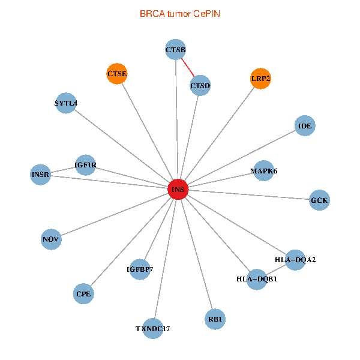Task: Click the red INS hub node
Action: (x=178, y=190)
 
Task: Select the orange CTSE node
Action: (x=117, y=74)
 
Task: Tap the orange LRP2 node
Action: (x=260, y=79)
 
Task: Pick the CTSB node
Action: (x=175, y=49)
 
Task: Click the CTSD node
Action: (x=200, y=86)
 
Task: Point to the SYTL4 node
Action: (x=65, y=103)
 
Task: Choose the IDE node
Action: (x=305, y=126)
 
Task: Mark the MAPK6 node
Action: (x=264, y=171)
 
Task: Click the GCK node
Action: (x=319, y=200)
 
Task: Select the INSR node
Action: (x=40, y=175)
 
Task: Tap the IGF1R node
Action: (x=85, y=165)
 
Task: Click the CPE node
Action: (x=83, y=294)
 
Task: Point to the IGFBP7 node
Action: (x=140, y=269)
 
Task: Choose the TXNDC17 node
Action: (x=153, y=328)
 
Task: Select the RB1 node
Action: (x=215, y=319)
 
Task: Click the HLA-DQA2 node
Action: (x=295, y=260)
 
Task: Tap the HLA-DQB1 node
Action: (x=257, y=279)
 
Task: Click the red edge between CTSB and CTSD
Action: (x=188, y=68)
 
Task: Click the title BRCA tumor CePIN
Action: (x=179, y=13)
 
